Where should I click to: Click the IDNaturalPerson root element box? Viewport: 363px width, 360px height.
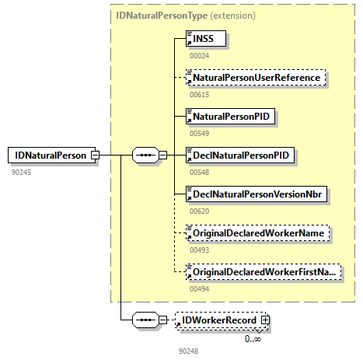(x=48, y=155)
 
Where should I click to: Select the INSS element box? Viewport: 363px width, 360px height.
(x=205, y=37)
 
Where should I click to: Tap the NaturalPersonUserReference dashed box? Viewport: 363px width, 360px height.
(x=255, y=78)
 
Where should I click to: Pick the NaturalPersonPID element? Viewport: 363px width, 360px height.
(x=232, y=117)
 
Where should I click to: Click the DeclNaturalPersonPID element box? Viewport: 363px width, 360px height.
(x=243, y=155)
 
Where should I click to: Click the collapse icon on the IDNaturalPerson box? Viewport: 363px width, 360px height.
(x=95, y=155)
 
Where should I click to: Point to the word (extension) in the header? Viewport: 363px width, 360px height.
(x=214, y=15)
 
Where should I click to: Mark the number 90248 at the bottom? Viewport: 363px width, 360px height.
(x=189, y=351)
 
